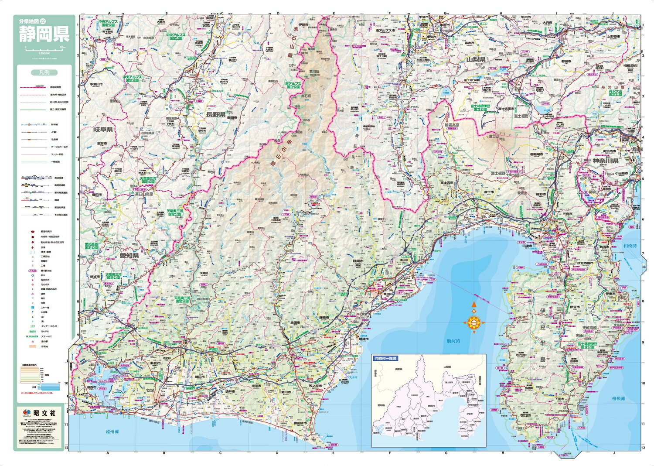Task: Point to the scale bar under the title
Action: pyautogui.click(x=44, y=46)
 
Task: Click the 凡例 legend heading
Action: pyautogui.click(x=44, y=72)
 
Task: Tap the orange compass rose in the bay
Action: pyautogui.click(x=474, y=322)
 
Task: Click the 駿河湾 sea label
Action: pyautogui.click(x=453, y=341)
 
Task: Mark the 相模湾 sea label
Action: pyautogui.click(x=630, y=246)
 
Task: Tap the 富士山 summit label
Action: pyautogui.click(x=494, y=136)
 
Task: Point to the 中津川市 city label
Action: pyautogui.click(x=96, y=84)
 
